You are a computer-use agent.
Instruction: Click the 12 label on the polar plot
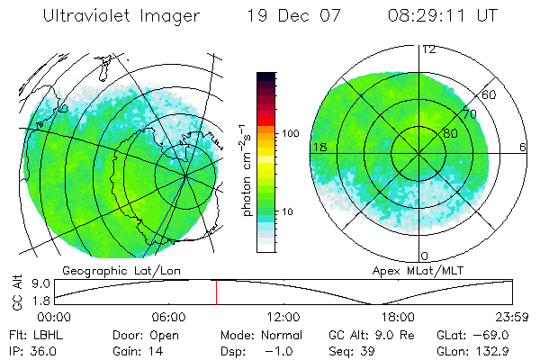coord(427,49)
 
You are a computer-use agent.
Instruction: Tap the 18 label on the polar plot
coord(319,147)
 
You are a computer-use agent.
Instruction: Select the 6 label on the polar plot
coord(523,147)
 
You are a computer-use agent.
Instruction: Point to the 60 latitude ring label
coord(489,94)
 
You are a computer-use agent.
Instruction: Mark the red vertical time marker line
coord(216,292)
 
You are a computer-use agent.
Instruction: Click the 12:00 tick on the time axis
coord(283,317)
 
